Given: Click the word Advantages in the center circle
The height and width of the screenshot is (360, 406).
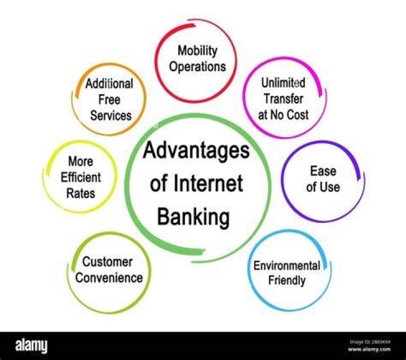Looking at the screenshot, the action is point(196,151).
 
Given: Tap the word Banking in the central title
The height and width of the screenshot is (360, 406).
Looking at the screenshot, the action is point(193,217).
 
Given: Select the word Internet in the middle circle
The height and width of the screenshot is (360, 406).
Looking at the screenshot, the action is point(208,183).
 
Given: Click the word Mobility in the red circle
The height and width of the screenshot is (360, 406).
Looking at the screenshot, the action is point(197,51).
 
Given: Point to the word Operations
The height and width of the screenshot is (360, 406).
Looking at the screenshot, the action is point(197,67).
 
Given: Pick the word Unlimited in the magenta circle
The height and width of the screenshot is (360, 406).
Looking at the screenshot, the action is point(283,83).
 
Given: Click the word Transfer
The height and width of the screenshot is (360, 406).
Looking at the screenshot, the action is point(283,99).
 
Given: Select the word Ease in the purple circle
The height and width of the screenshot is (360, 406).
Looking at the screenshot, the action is point(323,171).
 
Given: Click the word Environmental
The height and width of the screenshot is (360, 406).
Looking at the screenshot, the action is point(287,266).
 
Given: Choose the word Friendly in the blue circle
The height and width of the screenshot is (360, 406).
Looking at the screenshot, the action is point(286,281).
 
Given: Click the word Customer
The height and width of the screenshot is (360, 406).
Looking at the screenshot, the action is point(108,262).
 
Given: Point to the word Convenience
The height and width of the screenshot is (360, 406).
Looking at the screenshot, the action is point(109,278).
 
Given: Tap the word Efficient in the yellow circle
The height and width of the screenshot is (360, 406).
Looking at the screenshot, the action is point(81,178).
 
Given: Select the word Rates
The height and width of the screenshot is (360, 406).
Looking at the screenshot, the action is point(81,194).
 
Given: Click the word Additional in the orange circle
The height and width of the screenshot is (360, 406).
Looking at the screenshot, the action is point(109,84).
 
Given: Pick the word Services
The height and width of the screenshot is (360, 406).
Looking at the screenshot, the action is point(111,115).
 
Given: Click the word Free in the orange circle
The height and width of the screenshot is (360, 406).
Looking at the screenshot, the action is point(109,100).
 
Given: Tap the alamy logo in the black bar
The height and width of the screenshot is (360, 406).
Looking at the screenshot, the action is point(32,346).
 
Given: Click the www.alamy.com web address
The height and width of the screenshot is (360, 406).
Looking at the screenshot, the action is point(369,349).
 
